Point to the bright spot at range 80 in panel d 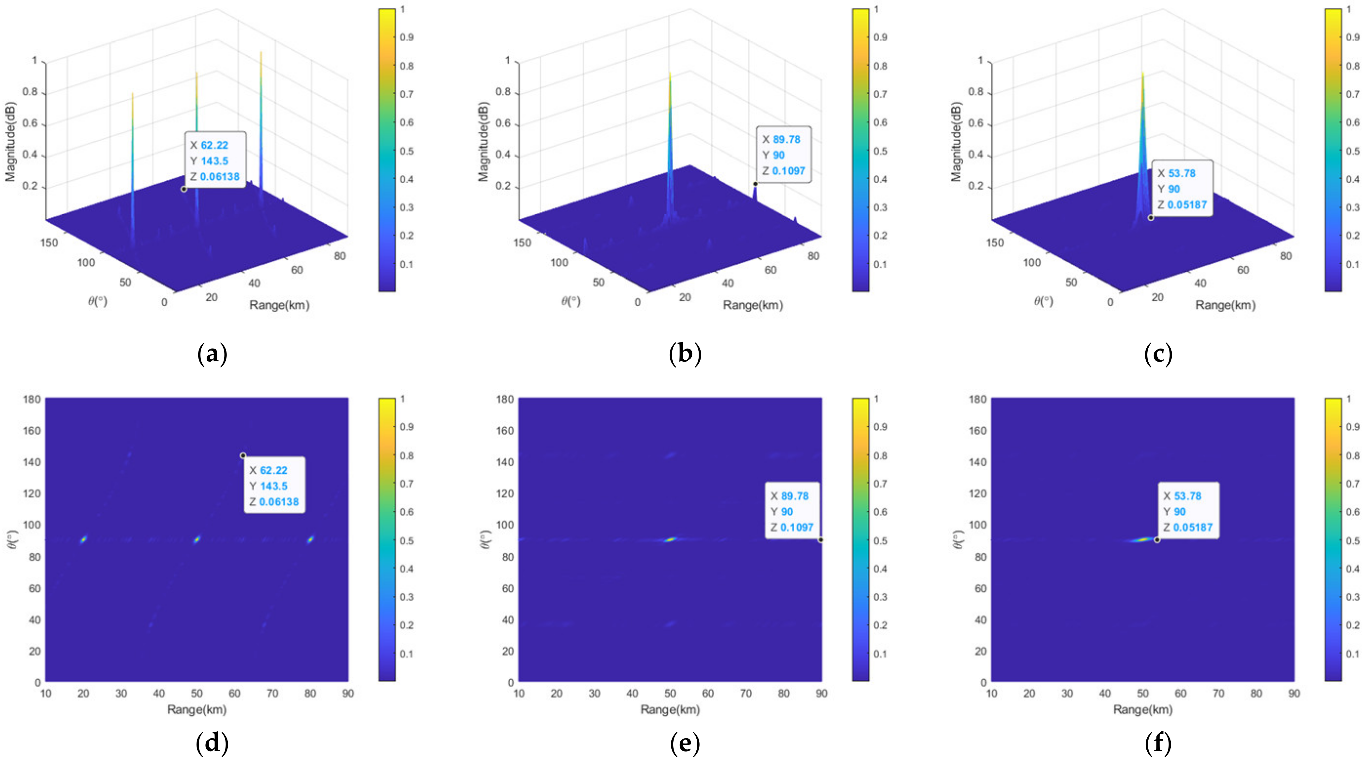coord(310,540)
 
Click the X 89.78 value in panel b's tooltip coord(786,139)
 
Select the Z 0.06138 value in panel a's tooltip coord(220,177)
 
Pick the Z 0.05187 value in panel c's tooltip coord(1187,205)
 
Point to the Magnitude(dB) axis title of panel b coord(483,142)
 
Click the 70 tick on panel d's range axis coord(272,694)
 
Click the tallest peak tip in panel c coord(1143,73)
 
